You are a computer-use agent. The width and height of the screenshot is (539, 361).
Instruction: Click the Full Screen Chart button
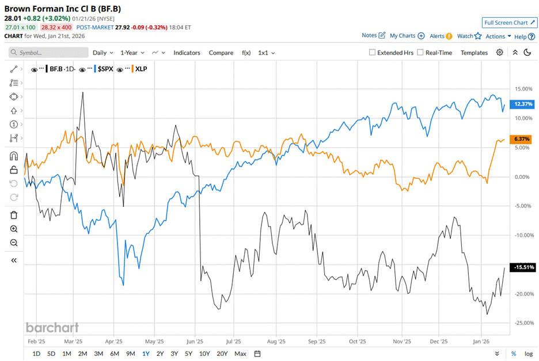(509, 22)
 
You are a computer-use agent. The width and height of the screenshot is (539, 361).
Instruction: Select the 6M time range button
(114, 354)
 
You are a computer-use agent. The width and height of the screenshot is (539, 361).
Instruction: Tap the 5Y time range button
(189, 354)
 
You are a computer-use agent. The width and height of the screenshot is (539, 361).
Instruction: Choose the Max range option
(240, 354)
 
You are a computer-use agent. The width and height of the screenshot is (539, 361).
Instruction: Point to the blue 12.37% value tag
(522, 104)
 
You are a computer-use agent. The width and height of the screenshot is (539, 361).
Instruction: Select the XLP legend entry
(141, 69)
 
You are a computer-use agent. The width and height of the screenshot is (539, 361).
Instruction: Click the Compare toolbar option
(221, 52)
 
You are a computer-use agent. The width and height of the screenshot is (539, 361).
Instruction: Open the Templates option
(474, 52)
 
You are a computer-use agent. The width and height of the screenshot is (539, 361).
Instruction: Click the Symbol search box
(49, 52)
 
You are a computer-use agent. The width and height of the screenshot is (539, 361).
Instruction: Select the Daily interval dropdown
(103, 52)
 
